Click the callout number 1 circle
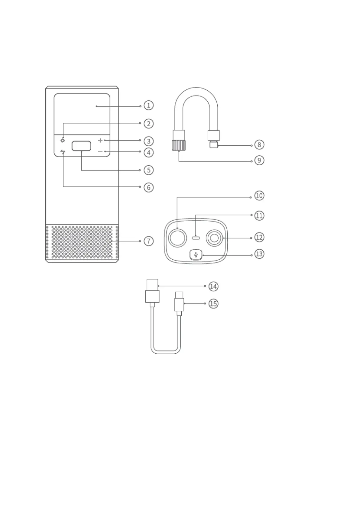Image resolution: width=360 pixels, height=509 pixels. [x=148, y=105]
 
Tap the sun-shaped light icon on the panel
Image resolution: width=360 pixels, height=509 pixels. [x=63, y=140]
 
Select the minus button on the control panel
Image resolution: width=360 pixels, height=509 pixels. [x=100, y=151]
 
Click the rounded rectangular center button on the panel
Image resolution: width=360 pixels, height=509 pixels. [x=81, y=146]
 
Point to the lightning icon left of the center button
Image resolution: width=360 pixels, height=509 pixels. [x=63, y=151]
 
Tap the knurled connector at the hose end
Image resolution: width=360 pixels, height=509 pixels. [x=179, y=145]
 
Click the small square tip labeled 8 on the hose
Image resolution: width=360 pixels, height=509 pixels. [x=213, y=145]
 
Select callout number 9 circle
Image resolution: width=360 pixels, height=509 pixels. [x=259, y=160]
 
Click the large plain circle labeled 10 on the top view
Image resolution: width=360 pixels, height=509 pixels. [x=178, y=238]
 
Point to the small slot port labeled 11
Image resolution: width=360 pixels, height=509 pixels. [x=196, y=238]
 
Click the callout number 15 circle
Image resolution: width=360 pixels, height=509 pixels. [x=213, y=303]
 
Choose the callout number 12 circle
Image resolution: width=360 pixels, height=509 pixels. [x=259, y=237]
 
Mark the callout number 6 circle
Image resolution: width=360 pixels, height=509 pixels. [x=148, y=187]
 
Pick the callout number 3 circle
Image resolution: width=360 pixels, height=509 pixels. [x=148, y=141]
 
